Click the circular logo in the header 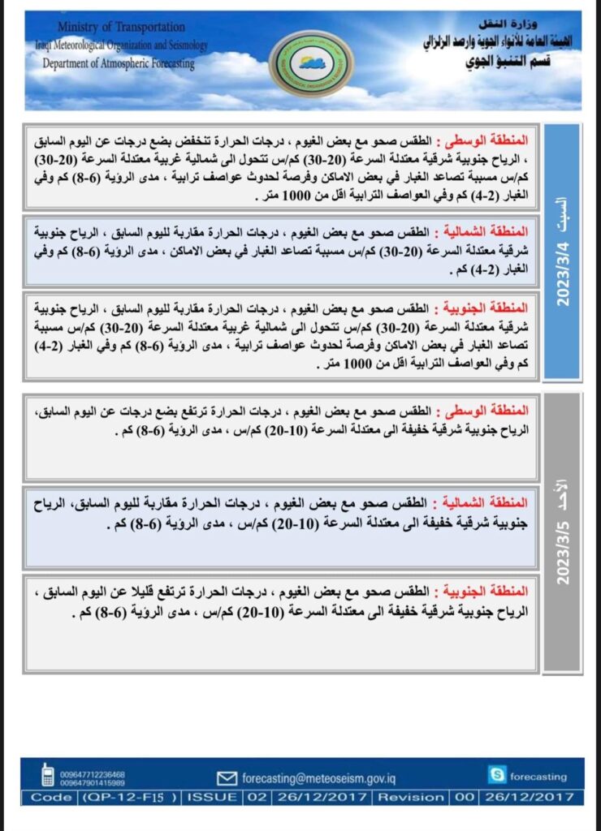(311, 64)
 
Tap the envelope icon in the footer (227, 778)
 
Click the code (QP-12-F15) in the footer (130, 798)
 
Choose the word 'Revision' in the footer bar (411, 798)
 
